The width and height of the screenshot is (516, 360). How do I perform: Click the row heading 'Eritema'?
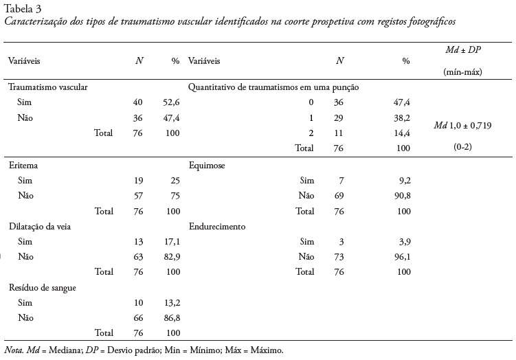[x=23, y=166]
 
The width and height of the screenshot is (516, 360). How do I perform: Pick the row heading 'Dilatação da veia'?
[x=40, y=227]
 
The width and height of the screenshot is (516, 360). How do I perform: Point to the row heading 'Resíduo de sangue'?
[x=42, y=287]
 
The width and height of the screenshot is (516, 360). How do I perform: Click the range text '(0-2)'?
[x=462, y=146]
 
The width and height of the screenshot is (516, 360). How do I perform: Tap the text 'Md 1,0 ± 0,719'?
[x=462, y=125]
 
